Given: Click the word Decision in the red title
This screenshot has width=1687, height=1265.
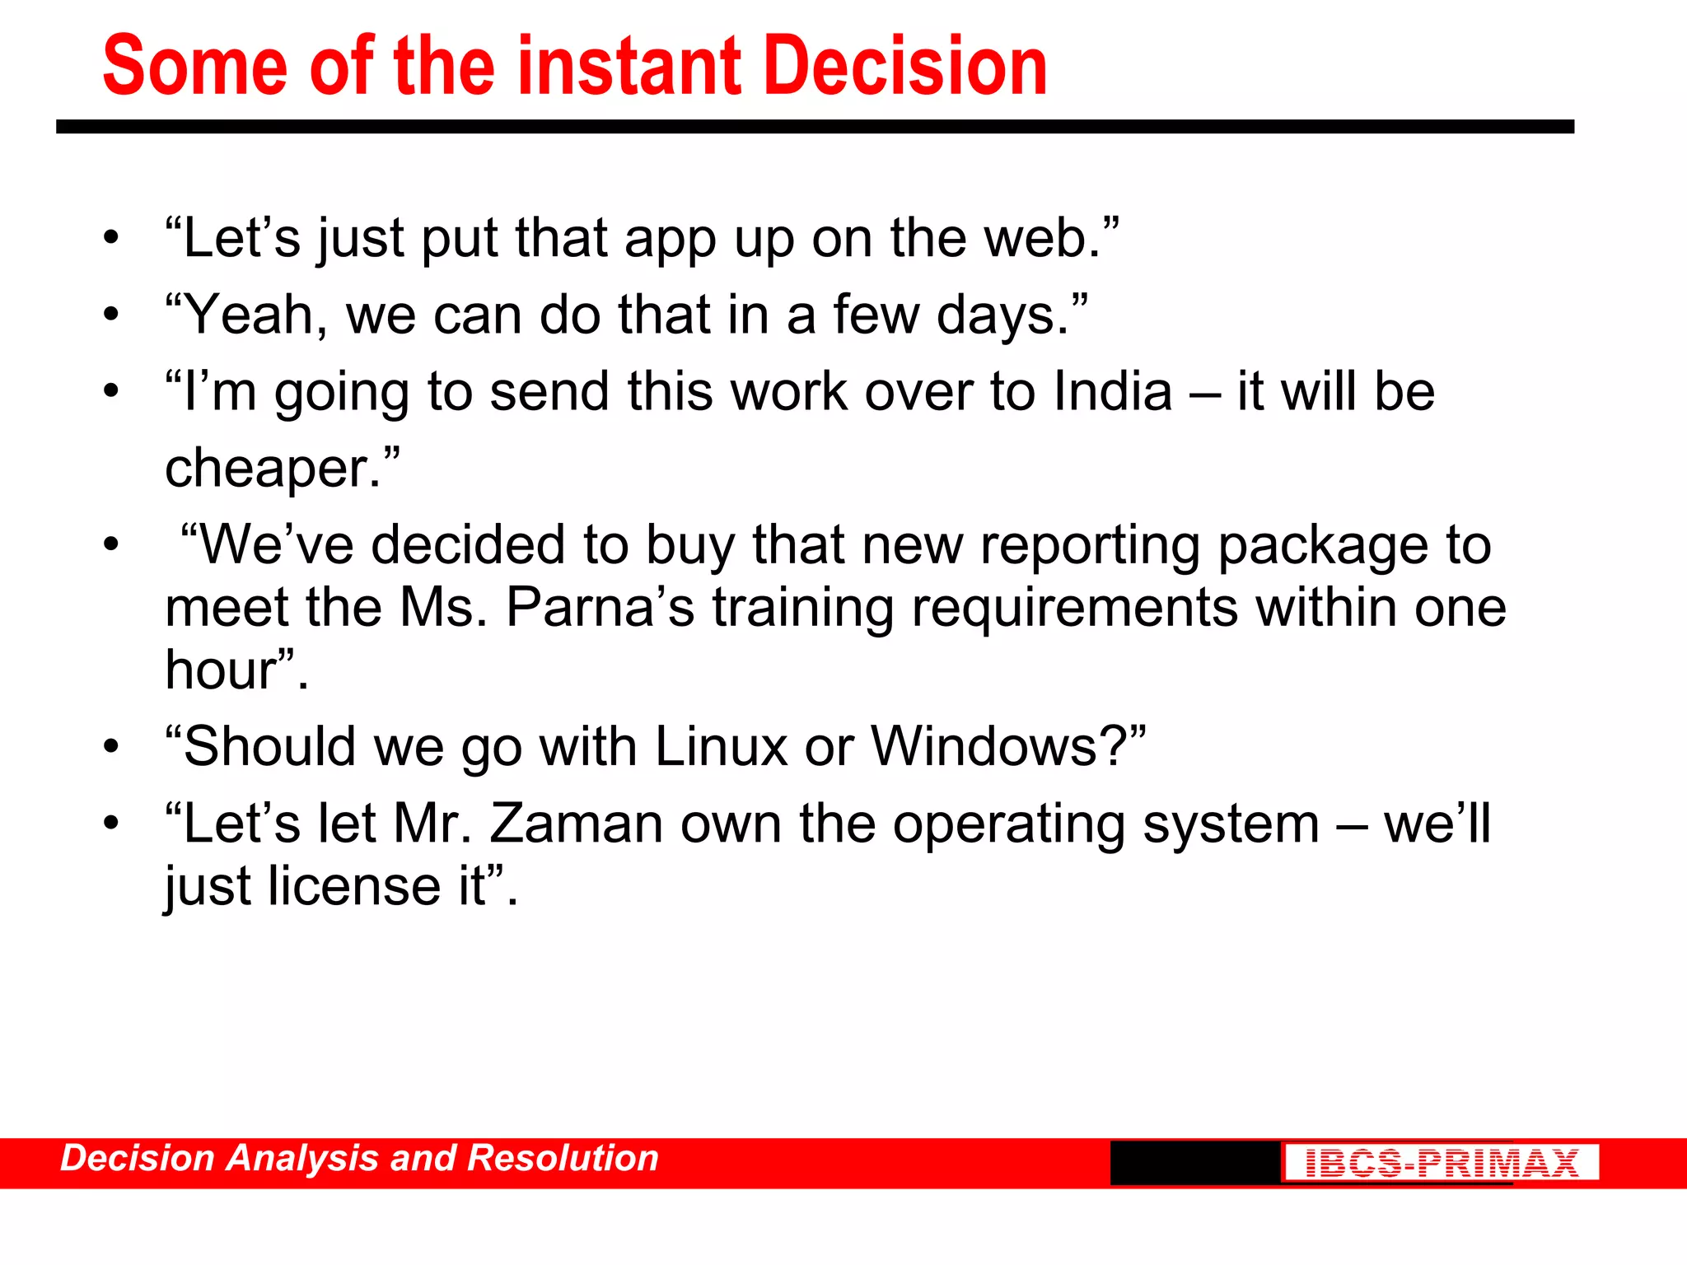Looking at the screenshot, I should [x=906, y=66].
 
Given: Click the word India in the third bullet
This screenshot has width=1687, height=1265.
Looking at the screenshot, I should [x=1113, y=391].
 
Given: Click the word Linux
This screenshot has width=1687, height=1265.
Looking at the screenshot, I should [x=722, y=747].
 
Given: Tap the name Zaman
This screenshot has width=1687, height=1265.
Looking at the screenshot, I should [x=577, y=824].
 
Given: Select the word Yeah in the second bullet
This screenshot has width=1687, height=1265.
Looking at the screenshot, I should [x=256, y=315].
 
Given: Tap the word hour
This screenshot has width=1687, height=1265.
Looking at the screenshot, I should [x=221, y=670].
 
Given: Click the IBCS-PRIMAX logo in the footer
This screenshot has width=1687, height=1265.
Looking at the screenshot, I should [x=1441, y=1163].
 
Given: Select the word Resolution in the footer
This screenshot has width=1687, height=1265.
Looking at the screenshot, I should [x=563, y=1158].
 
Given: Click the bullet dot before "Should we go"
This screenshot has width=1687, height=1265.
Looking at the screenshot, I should [x=111, y=747].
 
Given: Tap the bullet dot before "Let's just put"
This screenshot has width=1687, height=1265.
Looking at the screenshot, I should [x=111, y=239].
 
